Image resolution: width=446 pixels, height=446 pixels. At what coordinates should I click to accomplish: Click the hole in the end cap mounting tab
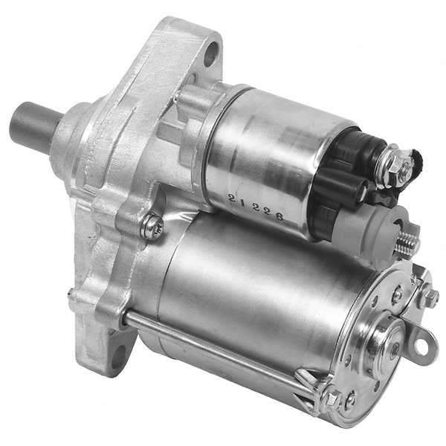422,346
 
